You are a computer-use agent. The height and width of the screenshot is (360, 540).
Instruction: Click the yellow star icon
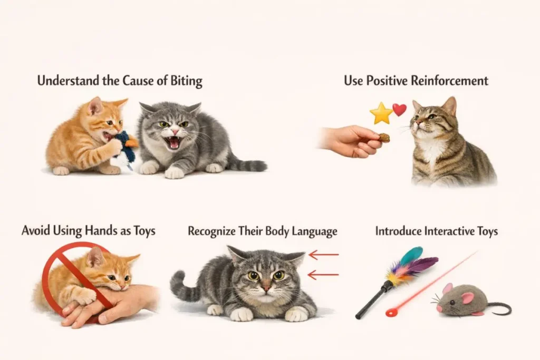[x=381, y=113]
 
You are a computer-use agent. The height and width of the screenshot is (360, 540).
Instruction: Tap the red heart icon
[x=400, y=110]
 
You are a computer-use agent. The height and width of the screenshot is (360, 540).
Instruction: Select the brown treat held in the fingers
[x=384, y=138]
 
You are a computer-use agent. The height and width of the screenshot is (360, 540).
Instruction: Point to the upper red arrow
[x=324, y=255]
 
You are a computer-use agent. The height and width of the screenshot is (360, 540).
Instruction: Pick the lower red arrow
[x=323, y=275]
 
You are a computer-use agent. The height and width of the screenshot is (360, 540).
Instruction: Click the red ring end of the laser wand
[x=392, y=313]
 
